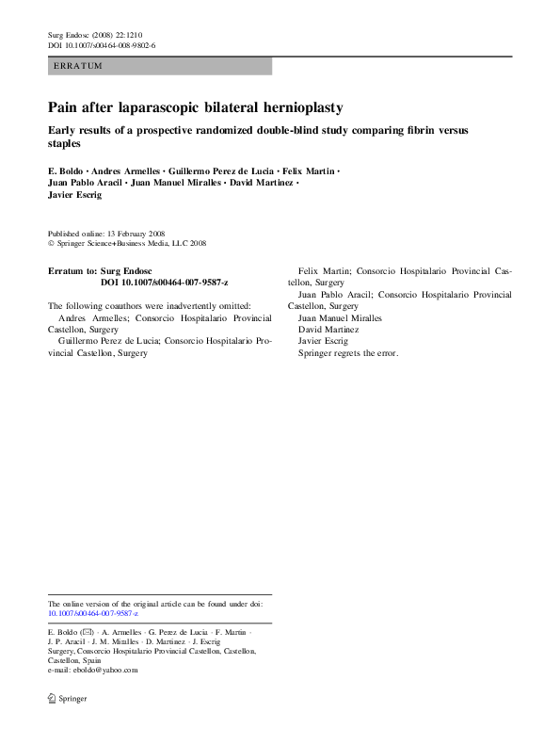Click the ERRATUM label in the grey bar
78,66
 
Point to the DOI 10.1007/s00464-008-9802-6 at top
102,45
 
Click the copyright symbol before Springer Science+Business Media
51,243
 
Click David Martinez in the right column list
328,330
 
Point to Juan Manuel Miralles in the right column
340,318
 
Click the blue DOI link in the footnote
92,612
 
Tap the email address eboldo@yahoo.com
104,671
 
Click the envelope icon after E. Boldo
88,630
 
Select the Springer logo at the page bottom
67,701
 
